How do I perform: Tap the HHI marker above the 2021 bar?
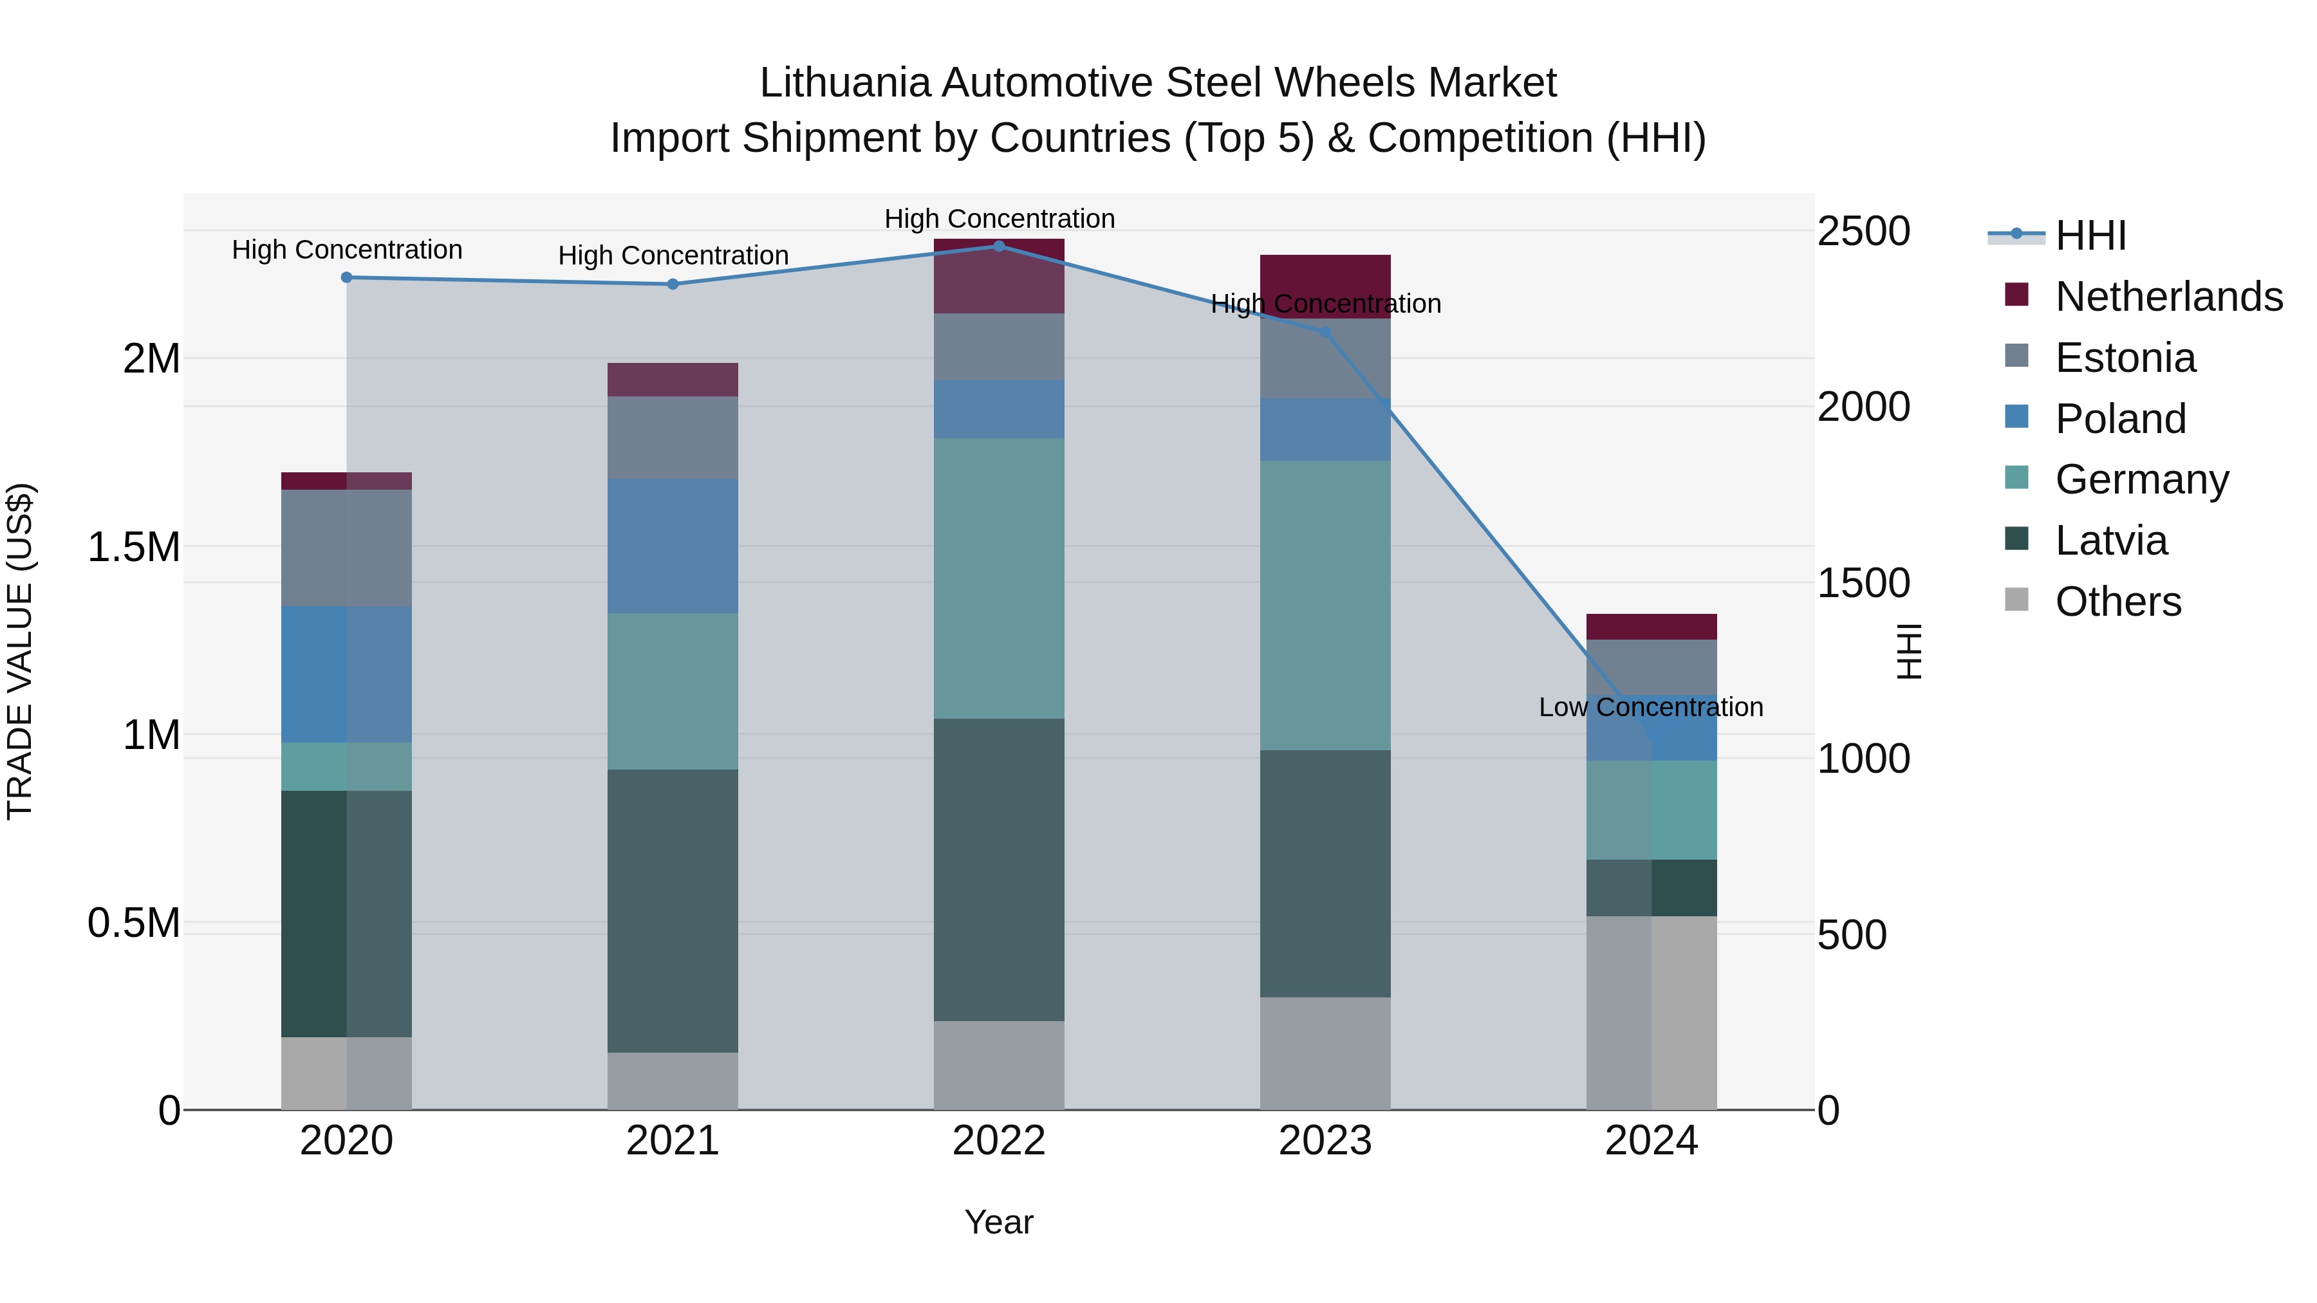click(673, 284)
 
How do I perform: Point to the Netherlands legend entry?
click(2168, 297)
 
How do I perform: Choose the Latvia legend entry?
click(2111, 541)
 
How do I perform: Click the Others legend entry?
click(2117, 602)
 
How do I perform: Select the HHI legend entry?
click(2090, 236)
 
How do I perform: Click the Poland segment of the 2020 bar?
click(346, 674)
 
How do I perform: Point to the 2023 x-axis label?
click(1325, 1141)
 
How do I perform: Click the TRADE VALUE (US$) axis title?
click(20, 651)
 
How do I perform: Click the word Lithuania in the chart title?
click(844, 83)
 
